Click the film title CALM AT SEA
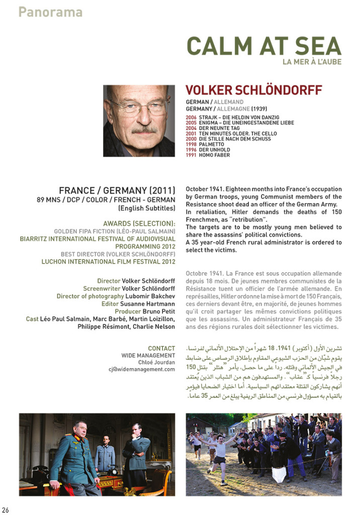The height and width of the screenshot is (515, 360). point(264,46)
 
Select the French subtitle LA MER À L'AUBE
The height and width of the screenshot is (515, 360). point(312,62)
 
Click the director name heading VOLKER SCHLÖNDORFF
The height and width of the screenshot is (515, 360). point(254,90)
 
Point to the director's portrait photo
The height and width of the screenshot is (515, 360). point(139,121)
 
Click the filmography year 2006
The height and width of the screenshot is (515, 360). point(191,117)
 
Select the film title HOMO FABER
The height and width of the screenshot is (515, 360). point(215,155)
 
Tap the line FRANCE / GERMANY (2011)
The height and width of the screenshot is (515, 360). point(117,191)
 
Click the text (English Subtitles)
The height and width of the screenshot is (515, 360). point(146,208)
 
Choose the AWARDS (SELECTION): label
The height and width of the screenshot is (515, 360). point(139,223)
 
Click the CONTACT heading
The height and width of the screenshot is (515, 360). point(161,348)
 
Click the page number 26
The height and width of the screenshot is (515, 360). point(5,510)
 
